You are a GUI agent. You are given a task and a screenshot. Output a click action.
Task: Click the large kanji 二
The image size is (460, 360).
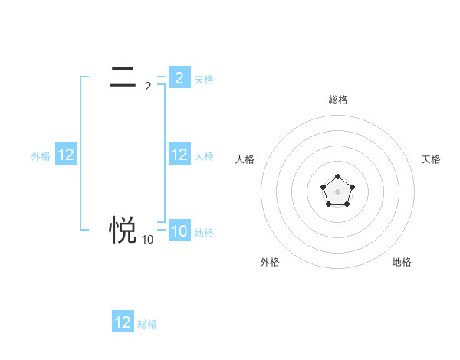click(123, 77)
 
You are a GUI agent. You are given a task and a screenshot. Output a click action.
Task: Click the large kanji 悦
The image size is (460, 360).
click(123, 228)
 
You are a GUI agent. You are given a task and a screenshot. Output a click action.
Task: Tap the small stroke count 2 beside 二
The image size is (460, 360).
click(147, 87)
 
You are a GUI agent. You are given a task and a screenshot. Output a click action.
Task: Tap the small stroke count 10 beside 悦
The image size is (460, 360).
click(147, 240)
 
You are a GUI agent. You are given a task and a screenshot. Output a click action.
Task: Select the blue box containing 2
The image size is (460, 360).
click(179, 77)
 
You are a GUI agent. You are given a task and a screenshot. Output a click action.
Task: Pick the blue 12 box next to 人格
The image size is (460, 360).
click(179, 155)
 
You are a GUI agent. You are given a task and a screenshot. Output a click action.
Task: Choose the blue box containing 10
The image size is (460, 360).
click(179, 231)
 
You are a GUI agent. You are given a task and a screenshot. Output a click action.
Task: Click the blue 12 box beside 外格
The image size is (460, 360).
click(66, 155)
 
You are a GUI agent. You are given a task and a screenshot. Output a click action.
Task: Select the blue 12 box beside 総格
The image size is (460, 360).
click(123, 322)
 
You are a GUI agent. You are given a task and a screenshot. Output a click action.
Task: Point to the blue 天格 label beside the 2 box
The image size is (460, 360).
click(204, 79)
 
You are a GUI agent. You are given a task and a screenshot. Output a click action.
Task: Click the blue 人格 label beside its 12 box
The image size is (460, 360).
click(204, 156)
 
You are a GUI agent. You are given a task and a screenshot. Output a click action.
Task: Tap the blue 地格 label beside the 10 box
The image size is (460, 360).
click(204, 233)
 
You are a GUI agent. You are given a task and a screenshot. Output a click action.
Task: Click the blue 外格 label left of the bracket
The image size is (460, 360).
click(41, 156)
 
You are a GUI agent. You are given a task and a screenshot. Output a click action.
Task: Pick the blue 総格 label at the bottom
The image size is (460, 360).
click(147, 324)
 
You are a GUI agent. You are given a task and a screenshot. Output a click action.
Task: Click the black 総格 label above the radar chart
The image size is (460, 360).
click(337, 100)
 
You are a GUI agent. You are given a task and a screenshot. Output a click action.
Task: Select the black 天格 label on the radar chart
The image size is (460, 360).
click(431, 159)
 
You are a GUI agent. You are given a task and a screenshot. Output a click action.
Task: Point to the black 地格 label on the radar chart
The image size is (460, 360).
click(402, 262)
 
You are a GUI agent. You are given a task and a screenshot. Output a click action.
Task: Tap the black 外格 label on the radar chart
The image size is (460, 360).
click(270, 262)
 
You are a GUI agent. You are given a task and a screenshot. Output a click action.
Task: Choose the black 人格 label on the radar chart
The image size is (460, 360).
click(245, 159)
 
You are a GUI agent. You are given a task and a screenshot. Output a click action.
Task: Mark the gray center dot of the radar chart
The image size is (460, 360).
click(337, 191)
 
